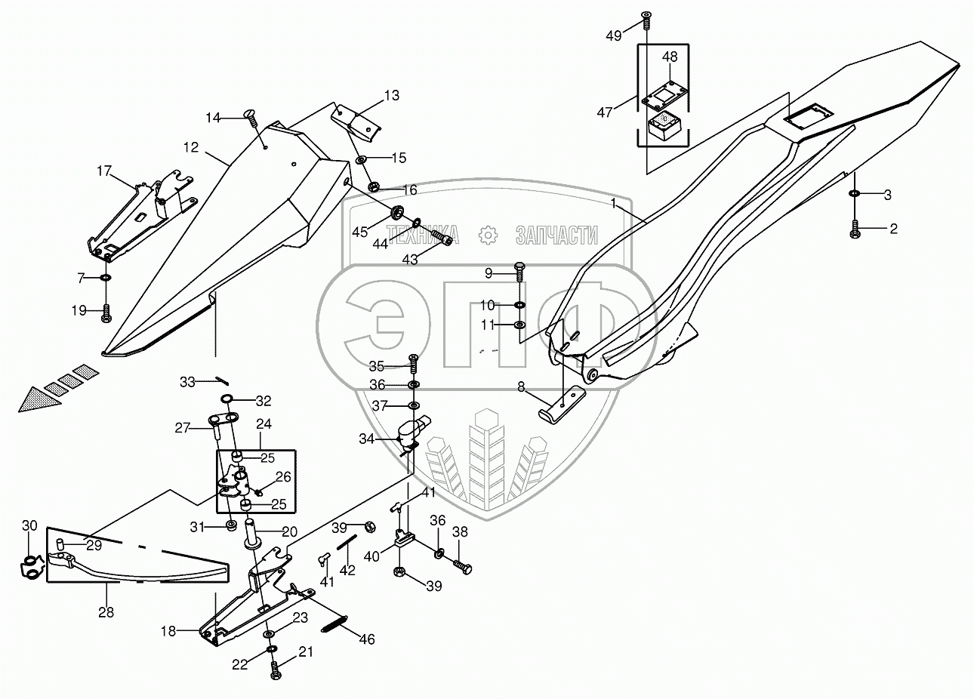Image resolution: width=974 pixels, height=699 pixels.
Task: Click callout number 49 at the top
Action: tap(615, 35)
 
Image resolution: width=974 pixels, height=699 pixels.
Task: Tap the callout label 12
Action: tap(190, 147)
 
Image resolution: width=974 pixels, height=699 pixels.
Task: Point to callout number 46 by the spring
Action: tap(366, 639)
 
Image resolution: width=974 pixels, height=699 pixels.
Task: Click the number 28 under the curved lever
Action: tap(106, 611)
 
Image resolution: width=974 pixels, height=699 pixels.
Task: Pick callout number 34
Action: tap(366, 438)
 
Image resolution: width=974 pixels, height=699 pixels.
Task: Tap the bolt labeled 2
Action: tap(855, 229)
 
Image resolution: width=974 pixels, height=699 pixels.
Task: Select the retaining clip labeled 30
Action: tap(28, 567)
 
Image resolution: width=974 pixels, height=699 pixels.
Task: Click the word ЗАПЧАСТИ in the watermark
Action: tap(556, 235)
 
